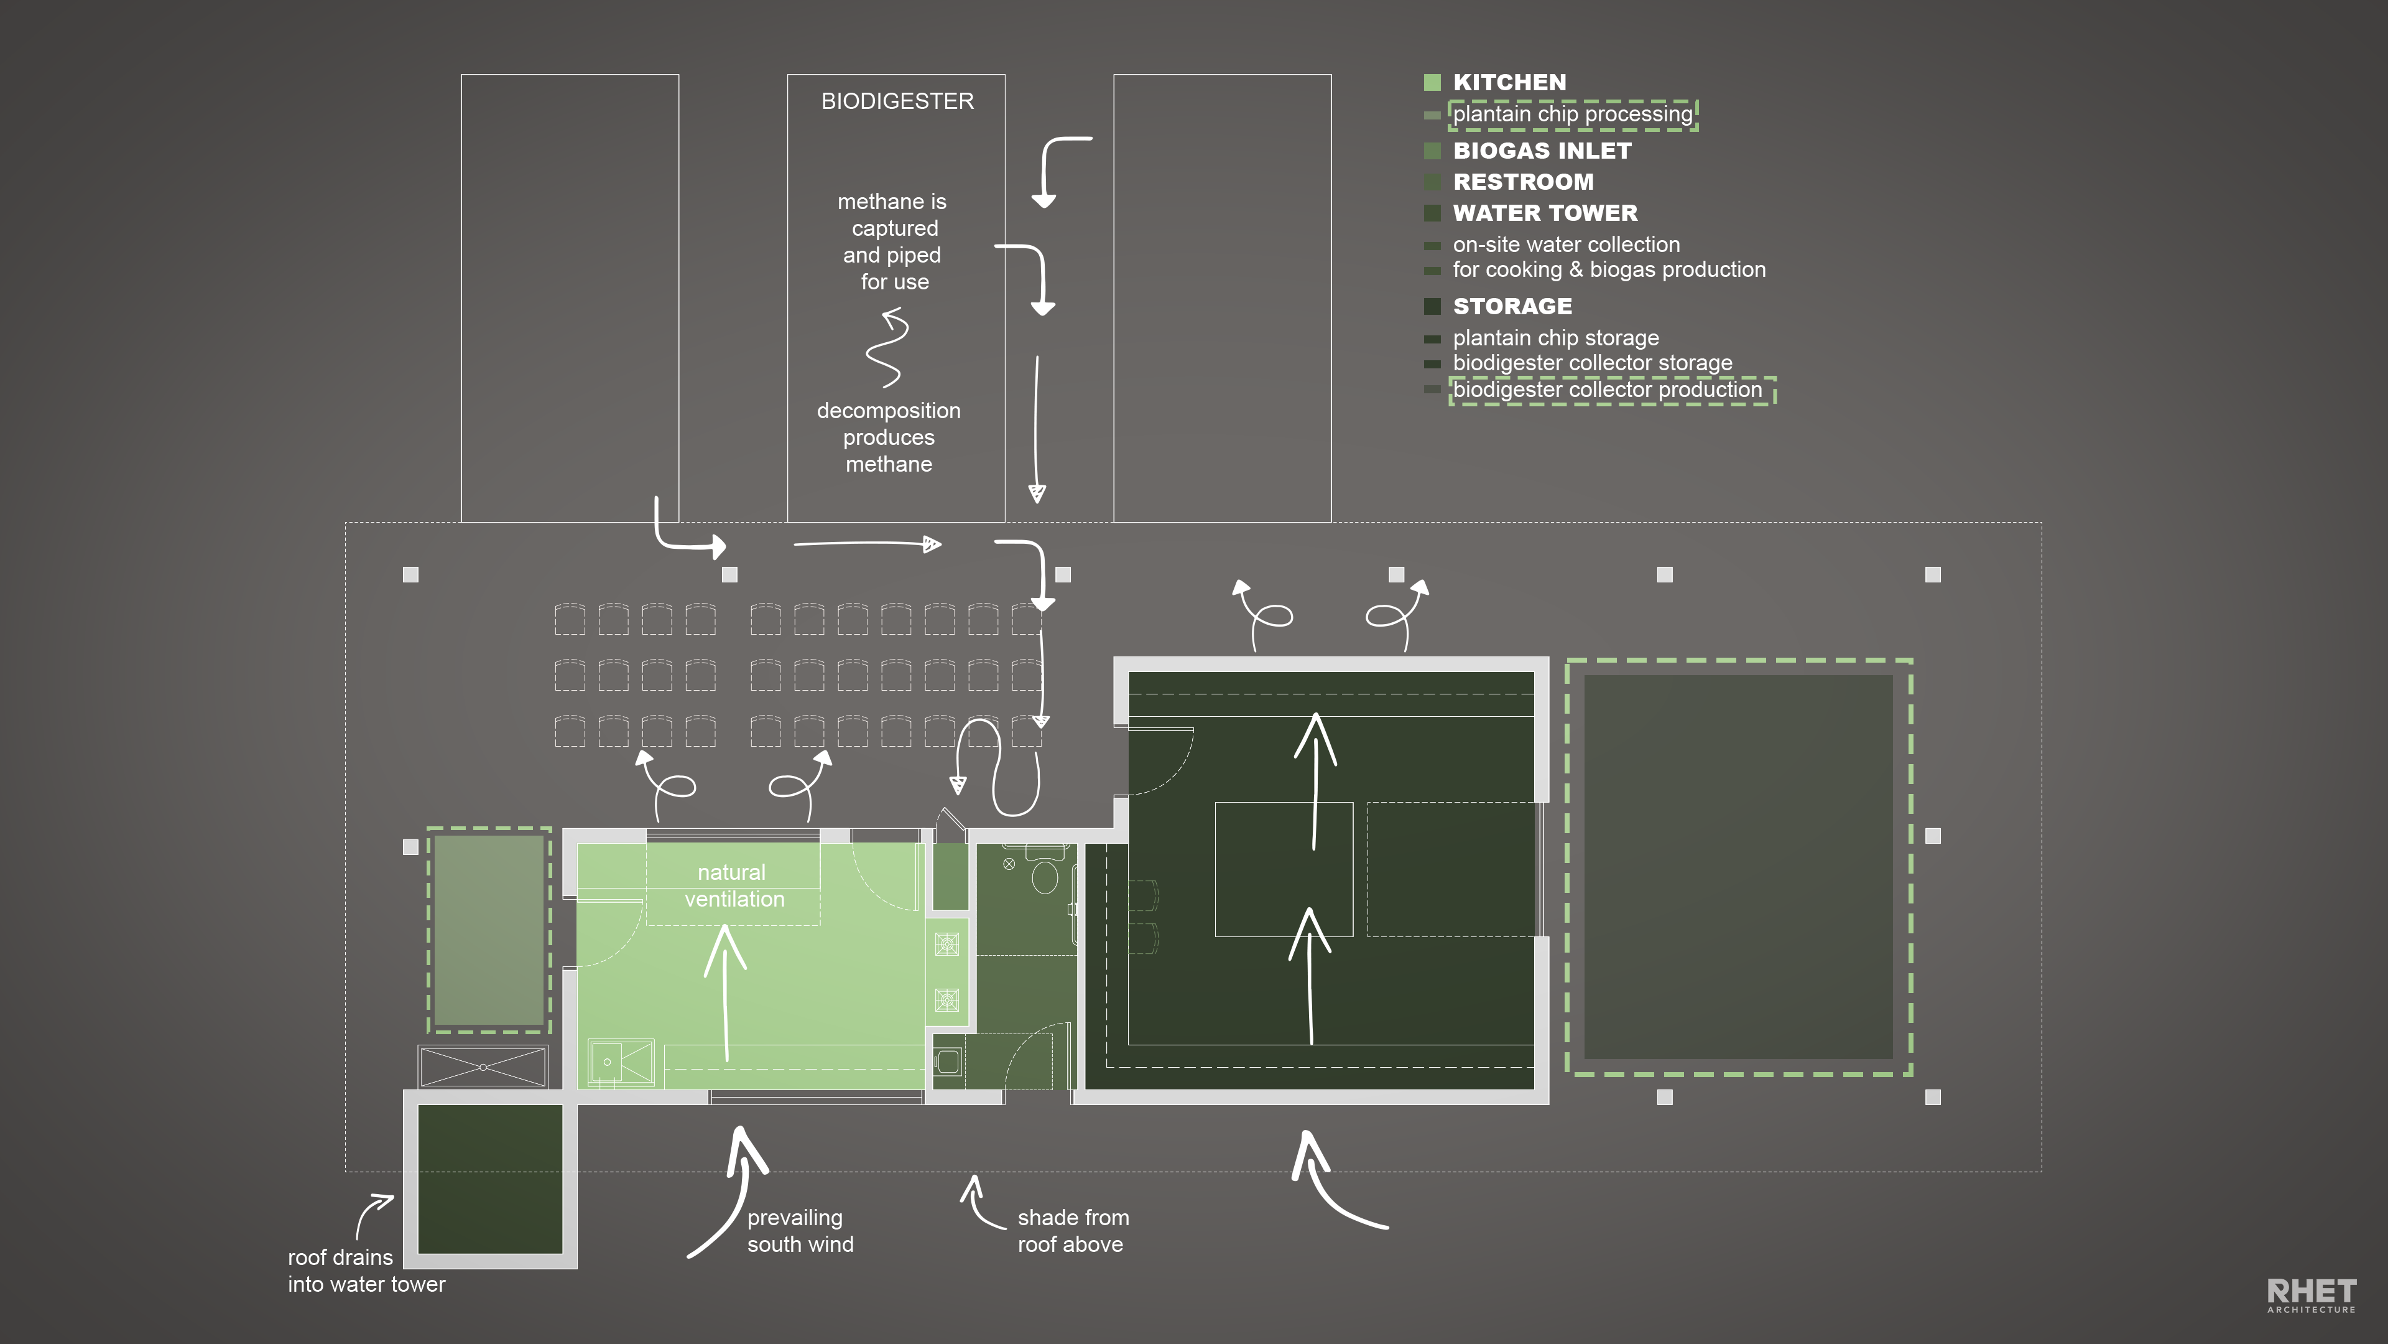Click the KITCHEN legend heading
(1509, 83)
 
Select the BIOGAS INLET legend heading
(1542, 150)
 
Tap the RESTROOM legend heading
(1523, 182)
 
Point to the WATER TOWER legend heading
(1544, 213)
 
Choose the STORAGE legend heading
(1512, 306)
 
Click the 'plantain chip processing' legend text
(1572, 114)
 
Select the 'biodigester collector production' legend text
(1606, 390)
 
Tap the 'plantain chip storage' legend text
(1555, 338)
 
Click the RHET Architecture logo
(2311, 1295)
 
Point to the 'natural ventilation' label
(733, 886)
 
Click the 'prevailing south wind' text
(800, 1231)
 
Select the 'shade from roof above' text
(1073, 1231)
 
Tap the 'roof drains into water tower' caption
(366, 1271)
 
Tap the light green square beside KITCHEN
(1432, 83)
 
